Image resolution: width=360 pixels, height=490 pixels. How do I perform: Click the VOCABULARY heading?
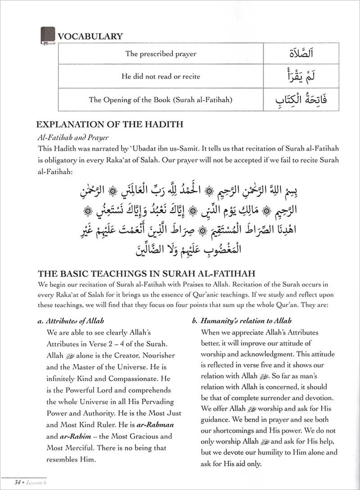[x=90, y=36]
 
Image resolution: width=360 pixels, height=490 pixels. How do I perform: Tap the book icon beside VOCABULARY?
[x=47, y=36]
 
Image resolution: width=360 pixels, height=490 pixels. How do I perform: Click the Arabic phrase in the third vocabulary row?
[x=293, y=99]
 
